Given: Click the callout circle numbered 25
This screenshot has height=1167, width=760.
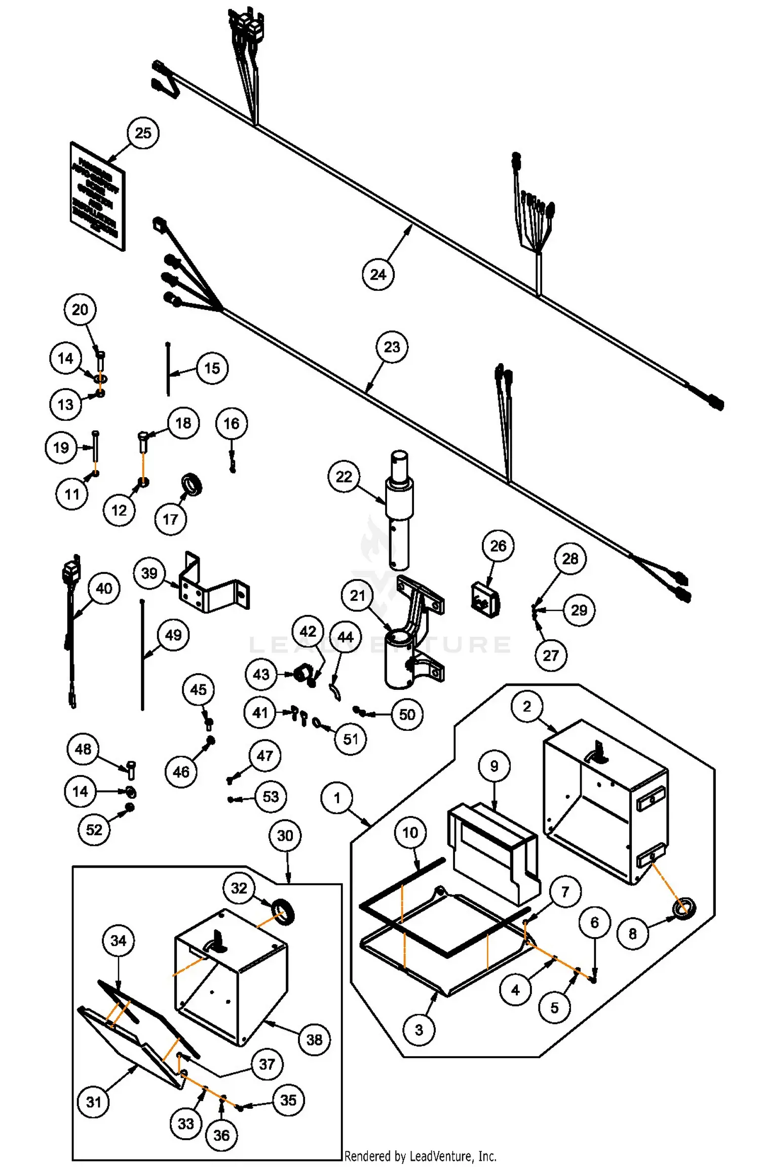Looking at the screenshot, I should coord(143,133).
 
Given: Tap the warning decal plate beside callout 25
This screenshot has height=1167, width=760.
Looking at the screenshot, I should coord(97,196).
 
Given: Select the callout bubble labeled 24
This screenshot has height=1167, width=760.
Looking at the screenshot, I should coord(378,275).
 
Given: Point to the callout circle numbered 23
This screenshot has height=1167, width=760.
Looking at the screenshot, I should coord(392,347).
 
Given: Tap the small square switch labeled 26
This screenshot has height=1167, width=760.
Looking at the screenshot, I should coord(485,601).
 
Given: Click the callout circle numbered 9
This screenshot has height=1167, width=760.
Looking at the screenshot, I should coord(494,766).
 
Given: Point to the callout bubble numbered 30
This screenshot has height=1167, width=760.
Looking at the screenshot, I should coord(285,836).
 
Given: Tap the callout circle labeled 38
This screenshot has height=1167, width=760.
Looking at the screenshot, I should coord(314,1040).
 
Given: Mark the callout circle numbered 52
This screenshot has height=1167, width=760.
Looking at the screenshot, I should coord(94,830).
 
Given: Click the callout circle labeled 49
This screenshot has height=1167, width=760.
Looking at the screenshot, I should coord(173,635).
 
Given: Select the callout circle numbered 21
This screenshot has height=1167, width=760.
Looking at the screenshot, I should coord(357,596).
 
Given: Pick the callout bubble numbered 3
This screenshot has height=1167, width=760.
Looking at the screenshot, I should coord(419,1030).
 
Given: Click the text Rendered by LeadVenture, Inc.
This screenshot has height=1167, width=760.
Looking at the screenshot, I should coord(420,1156).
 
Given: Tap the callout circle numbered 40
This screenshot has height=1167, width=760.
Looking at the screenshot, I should coord(104,589).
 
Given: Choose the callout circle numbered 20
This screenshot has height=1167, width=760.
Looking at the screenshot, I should coord(80,309).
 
